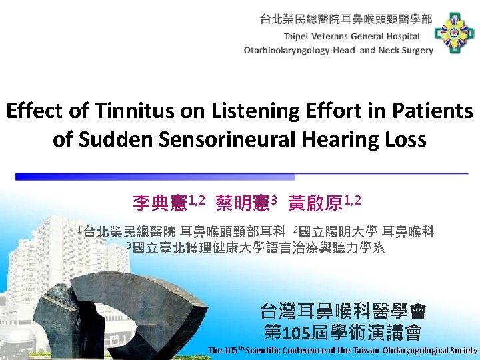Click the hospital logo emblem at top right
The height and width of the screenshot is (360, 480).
[454, 33]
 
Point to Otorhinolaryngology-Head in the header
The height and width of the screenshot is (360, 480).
[300, 50]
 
